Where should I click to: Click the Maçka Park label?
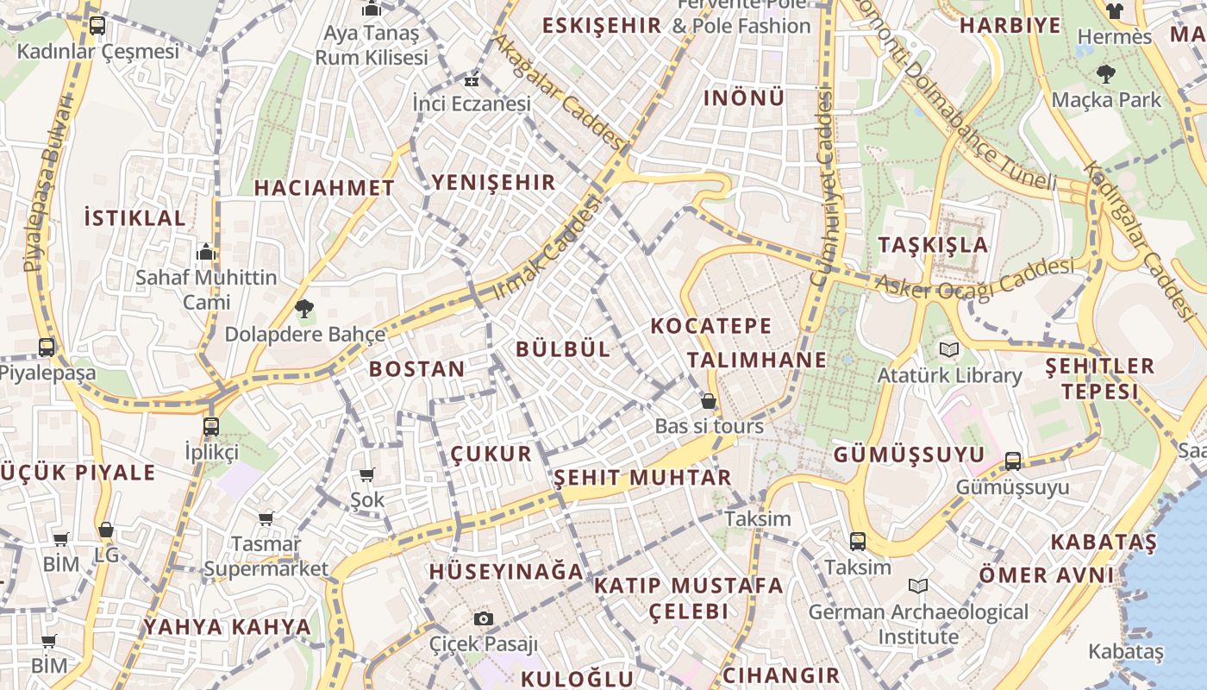[x=1106, y=100]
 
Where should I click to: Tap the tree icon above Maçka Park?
[x=1105, y=74]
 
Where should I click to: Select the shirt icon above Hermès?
[x=1115, y=11]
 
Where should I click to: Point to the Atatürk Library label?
[x=949, y=376]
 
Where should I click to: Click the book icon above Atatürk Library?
[x=949, y=350]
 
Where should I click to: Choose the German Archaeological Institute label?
[x=918, y=624]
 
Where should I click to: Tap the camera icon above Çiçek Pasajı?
[x=483, y=618]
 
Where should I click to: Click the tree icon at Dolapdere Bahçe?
[x=303, y=308]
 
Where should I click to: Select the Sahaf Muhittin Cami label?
[x=206, y=290]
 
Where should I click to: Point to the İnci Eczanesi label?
[x=472, y=103]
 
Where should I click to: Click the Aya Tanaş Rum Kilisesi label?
[x=371, y=45]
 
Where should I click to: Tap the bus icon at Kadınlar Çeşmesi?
[x=97, y=25]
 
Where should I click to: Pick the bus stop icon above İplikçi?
[x=211, y=426]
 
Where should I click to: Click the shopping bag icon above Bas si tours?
[x=709, y=401]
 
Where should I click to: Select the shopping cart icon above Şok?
[x=367, y=474]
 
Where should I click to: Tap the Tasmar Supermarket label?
[x=266, y=556]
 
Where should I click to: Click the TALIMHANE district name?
[x=757, y=360]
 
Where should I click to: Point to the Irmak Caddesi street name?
[x=547, y=248]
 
